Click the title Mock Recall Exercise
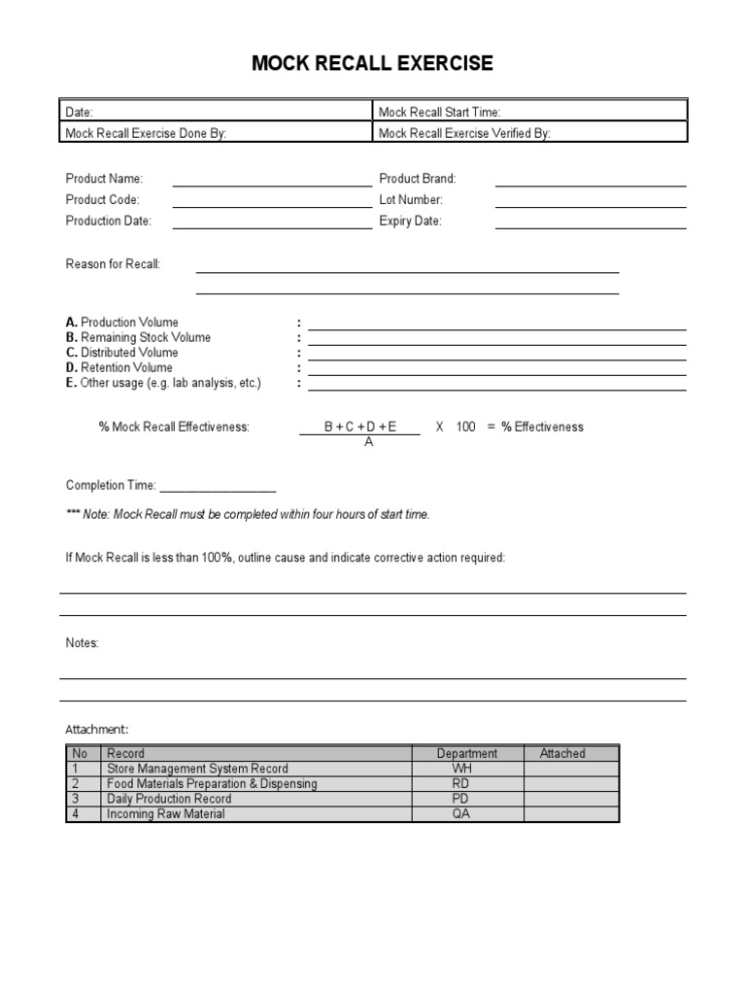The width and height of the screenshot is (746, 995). (372, 64)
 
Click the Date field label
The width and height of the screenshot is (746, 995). (80, 113)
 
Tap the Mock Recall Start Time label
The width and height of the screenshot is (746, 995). (439, 113)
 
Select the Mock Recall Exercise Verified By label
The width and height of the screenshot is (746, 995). (464, 133)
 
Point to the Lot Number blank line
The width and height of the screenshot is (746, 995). (591, 204)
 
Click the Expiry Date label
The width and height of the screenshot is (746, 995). (410, 221)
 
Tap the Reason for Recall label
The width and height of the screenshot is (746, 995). (113, 264)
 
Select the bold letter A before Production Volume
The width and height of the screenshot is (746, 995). (71, 322)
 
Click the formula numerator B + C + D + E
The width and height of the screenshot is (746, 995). (360, 427)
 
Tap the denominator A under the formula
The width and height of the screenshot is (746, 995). (368, 441)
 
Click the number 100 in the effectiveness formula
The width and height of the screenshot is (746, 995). (465, 427)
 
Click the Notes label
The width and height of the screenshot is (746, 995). (82, 643)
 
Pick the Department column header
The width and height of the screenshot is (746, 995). (467, 753)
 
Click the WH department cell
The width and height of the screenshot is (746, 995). (461, 769)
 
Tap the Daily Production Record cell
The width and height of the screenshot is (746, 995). (169, 799)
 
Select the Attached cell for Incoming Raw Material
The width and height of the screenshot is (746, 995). (571, 814)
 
